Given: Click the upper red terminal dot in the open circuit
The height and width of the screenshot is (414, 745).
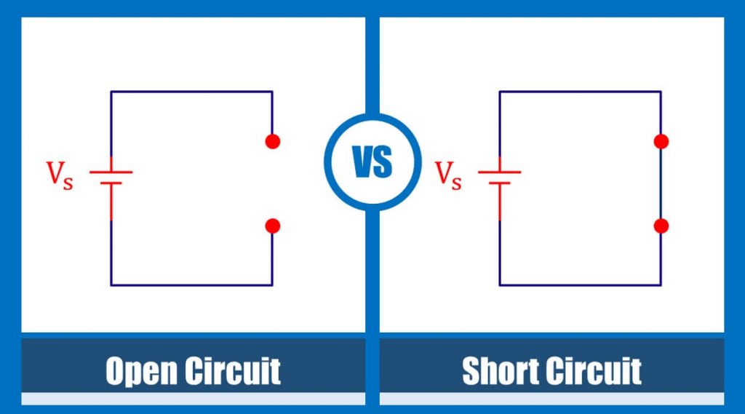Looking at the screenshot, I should click(x=273, y=141).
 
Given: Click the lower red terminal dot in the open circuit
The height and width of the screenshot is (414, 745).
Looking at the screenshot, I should click(x=273, y=226).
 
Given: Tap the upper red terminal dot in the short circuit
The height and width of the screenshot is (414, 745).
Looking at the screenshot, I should click(x=661, y=141).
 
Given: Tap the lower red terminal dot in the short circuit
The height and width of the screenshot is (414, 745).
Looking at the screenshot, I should click(x=661, y=226).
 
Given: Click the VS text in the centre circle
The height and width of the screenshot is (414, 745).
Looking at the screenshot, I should click(x=372, y=162).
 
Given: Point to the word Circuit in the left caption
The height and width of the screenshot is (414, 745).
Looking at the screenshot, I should click(x=233, y=371).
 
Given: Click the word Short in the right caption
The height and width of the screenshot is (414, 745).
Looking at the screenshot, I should click(x=503, y=371).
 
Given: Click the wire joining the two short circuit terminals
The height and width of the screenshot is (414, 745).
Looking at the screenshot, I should click(x=661, y=183).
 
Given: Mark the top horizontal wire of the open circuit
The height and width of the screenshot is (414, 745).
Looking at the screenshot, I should click(x=191, y=92).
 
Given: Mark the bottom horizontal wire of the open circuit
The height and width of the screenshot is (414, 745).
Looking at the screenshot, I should click(x=191, y=284).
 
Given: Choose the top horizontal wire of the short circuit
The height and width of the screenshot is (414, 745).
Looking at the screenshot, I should click(x=580, y=92).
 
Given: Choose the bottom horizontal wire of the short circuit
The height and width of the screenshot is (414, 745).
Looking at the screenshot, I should click(x=580, y=284).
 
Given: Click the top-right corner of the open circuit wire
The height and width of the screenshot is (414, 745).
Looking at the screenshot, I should click(x=272, y=92).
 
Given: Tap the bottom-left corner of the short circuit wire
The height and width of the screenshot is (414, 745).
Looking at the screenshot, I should click(x=500, y=284).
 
